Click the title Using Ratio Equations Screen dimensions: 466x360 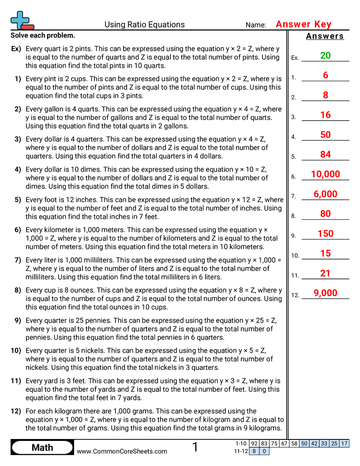(144, 25)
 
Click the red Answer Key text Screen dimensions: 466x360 (303, 24)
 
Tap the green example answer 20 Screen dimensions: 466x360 (325, 56)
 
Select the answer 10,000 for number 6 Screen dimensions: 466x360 (325, 174)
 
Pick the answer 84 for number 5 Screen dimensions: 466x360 (325, 154)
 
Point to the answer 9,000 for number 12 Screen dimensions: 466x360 (325, 293)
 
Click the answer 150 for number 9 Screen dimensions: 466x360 (325, 234)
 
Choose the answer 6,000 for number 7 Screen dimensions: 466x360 (325, 194)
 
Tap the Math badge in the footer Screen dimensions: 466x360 (42, 447)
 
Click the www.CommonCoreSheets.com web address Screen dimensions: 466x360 (122, 451)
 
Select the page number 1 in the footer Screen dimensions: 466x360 (195, 447)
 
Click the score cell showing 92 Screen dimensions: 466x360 (254, 444)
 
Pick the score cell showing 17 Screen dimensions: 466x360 (344, 444)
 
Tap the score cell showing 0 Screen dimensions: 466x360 (264, 451)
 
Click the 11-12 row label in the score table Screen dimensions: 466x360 (241, 451)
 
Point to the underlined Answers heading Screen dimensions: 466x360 (325, 36)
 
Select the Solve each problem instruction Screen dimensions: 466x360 (43, 35)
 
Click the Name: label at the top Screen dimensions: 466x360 (256, 25)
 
